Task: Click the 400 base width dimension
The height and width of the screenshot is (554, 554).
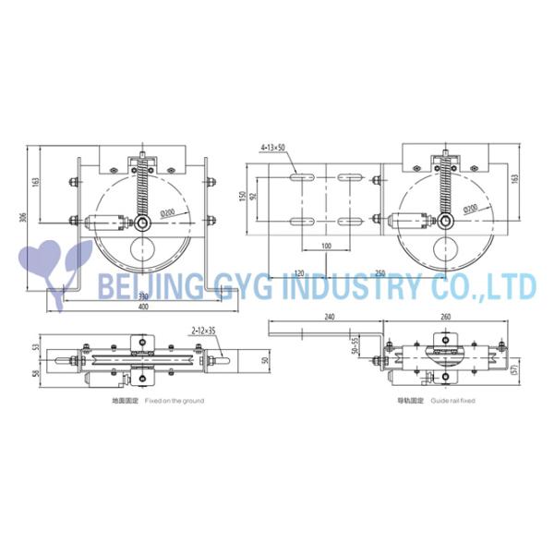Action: (x=144, y=306)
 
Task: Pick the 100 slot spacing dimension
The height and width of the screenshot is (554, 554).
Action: (x=326, y=247)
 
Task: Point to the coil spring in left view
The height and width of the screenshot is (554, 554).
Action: (x=142, y=190)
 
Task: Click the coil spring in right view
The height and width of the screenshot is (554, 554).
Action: (x=444, y=190)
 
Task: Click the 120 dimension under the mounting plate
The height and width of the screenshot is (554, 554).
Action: (x=300, y=274)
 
